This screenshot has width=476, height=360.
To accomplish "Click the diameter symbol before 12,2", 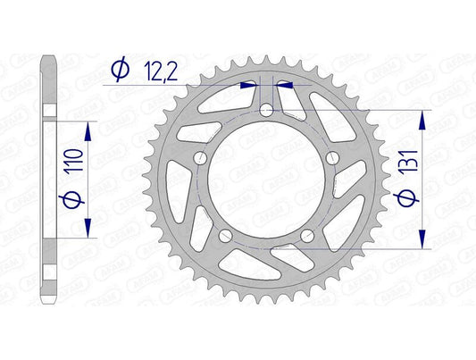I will (117, 67).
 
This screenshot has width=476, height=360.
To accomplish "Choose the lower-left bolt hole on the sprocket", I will (223, 237).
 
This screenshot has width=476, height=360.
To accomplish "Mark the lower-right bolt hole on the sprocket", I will (307, 237).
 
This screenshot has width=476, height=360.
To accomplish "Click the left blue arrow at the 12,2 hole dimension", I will (247, 86).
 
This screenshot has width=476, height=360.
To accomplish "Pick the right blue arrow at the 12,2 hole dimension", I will (284, 86).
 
